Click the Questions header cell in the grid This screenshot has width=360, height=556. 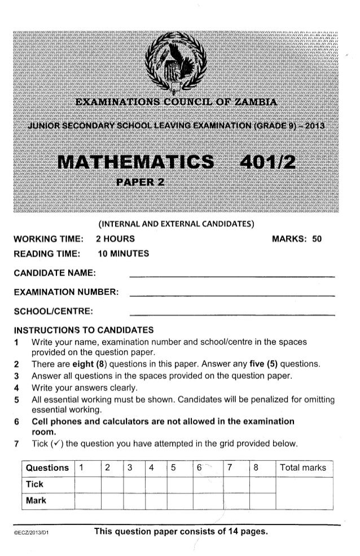pos(48,468)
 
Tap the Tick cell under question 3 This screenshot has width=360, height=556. pos(134,484)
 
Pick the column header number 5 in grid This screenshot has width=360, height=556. pos(173,468)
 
